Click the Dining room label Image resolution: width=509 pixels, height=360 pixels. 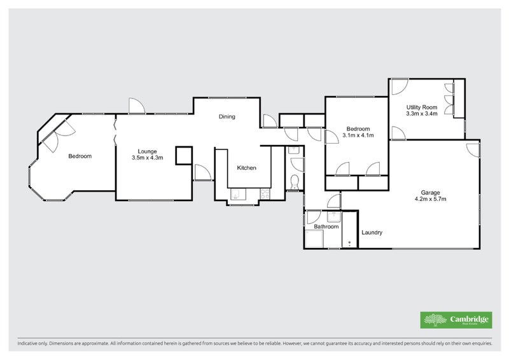227,116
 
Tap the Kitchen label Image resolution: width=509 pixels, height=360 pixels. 247,168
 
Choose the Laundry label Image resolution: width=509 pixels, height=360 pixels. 372,233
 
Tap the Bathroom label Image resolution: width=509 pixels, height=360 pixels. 326,226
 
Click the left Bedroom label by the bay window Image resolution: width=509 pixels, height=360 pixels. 80,156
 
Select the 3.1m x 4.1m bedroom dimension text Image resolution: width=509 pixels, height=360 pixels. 357,135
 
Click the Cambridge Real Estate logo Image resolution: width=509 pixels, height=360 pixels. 455,320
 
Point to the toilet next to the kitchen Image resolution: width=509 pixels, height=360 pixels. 294,183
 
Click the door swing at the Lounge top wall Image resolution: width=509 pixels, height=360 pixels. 137,106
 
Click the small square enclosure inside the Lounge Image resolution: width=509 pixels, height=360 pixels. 184,155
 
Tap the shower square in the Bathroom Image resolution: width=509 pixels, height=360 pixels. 314,239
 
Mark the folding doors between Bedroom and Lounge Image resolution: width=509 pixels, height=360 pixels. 115,132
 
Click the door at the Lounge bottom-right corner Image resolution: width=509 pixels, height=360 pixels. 203,172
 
